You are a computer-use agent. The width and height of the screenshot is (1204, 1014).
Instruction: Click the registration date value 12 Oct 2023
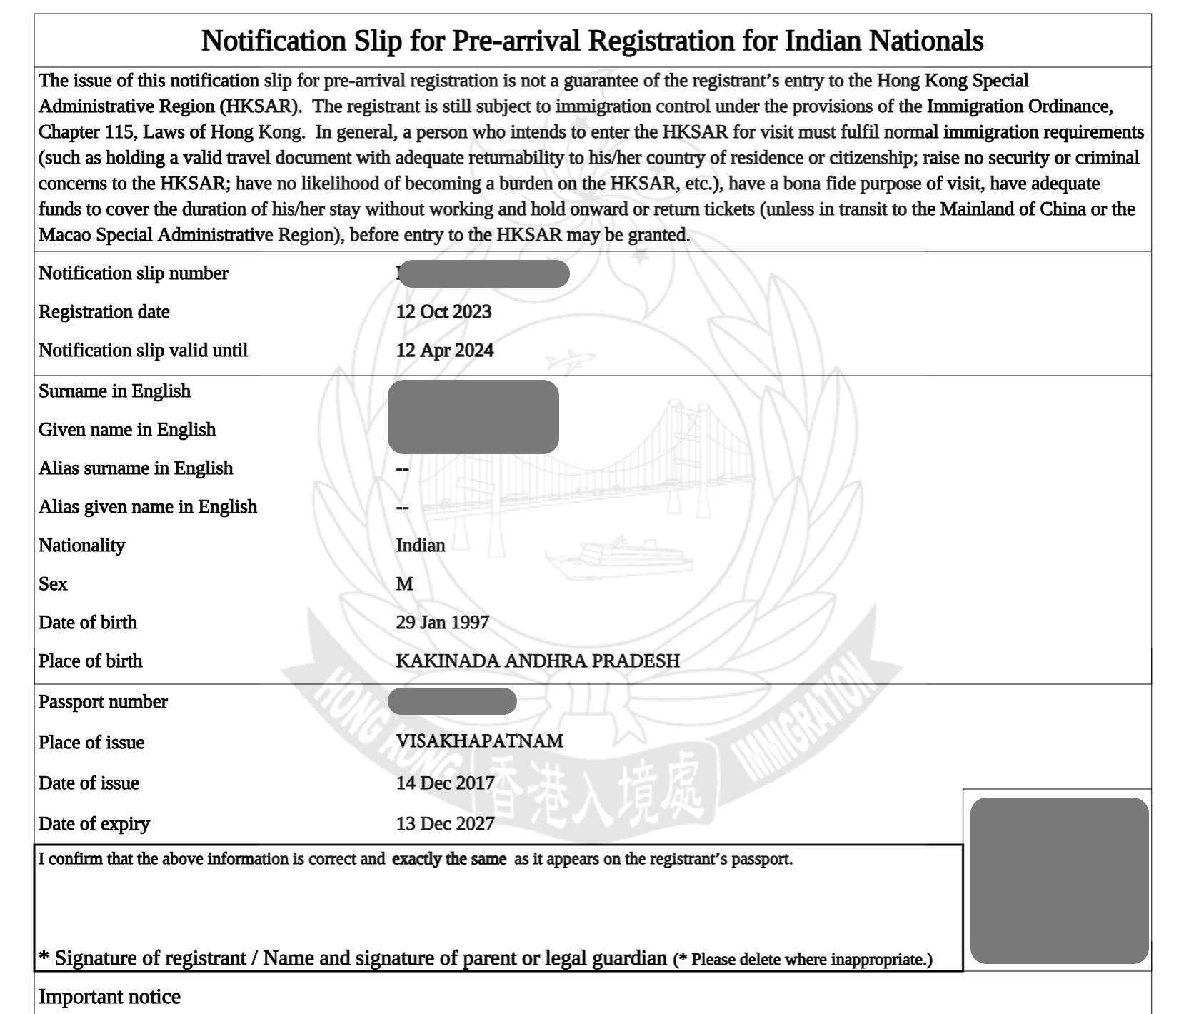click(x=443, y=312)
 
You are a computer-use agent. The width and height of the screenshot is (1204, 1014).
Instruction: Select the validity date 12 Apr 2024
click(x=444, y=351)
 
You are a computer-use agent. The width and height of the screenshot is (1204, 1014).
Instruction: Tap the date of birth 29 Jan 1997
click(x=442, y=623)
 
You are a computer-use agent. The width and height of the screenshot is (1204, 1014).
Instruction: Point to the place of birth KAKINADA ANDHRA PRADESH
click(x=537, y=661)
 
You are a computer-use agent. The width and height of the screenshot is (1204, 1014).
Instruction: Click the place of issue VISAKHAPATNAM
click(x=479, y=741)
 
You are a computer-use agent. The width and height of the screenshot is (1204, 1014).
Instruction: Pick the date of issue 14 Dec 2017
click(x=445, y=783)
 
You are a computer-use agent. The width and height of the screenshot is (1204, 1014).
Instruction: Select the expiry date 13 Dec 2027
click(x=445, y=824)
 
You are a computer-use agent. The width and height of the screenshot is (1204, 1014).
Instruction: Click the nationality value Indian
click(x=420, y=546)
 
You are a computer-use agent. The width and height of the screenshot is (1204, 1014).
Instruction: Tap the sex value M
click(x=404, y=584)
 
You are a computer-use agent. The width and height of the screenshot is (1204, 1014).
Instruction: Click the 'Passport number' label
click(x=103, y=702)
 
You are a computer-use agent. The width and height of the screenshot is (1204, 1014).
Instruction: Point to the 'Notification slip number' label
click(x=133, y=273)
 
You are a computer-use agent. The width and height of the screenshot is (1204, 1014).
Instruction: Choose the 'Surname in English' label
click(x=114, y=391)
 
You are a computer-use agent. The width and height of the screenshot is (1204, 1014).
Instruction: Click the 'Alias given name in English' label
click(x=147, y=507)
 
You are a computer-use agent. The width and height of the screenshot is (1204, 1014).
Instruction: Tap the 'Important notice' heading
click(x=109, y=997)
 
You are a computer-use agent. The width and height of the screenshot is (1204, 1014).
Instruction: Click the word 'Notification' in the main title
click(x=274, y=41)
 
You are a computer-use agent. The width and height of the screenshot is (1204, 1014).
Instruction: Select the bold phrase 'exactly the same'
click(x=448, y=859)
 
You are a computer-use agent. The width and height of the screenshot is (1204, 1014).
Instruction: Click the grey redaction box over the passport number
click(x=451, y=701)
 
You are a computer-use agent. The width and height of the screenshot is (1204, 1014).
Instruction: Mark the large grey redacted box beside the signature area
click(x=1059, y=880)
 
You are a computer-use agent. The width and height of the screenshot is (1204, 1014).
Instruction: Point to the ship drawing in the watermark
click(x=618, y=557)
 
